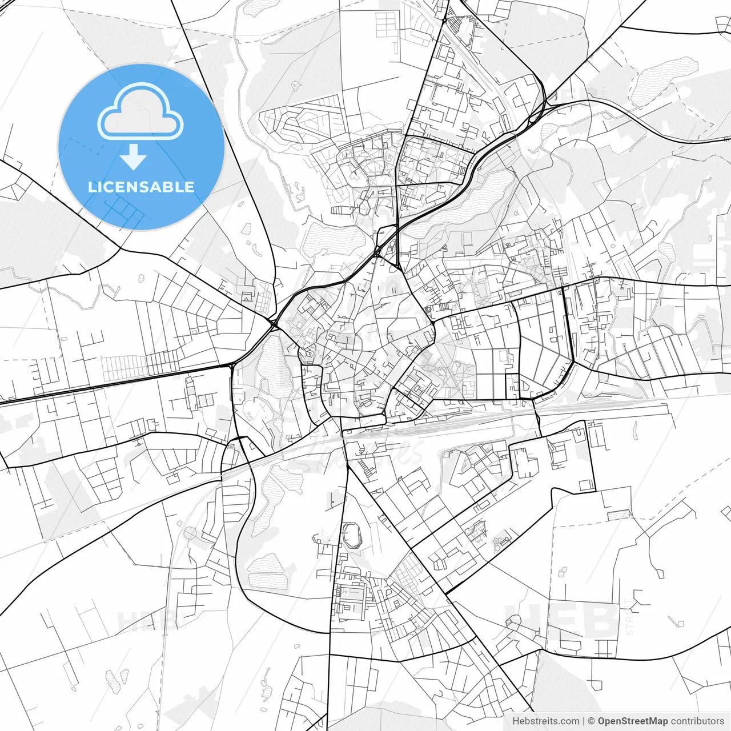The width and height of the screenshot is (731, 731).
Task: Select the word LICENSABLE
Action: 140,187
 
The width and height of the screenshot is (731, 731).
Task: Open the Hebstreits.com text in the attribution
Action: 545,721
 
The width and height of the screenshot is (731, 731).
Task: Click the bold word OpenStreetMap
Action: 633,721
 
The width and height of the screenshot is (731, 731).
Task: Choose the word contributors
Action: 697,721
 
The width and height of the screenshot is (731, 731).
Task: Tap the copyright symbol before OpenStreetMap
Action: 592,721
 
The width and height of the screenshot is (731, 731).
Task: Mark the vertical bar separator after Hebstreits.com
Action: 584,721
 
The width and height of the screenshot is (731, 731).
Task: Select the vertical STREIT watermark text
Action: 630,617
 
